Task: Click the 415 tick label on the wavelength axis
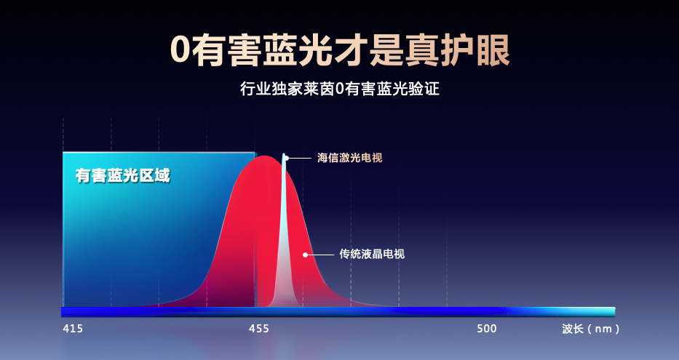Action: pos(73,329)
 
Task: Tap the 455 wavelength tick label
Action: pos(259,329)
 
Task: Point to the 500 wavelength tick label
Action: pos(487,329)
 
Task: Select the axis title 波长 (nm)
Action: pos(591,329)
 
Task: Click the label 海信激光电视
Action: pos(350,158)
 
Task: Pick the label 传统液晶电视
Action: pos(372,254)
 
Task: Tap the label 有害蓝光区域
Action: pos(122,176)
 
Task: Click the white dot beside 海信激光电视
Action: pos(286,158)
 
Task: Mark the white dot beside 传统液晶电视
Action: pos(305,255)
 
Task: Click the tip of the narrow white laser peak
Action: pos(284,153)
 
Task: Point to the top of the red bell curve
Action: pos(263,156)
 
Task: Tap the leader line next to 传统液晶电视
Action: pos(320,255)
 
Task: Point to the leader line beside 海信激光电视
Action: pos(300,159)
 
